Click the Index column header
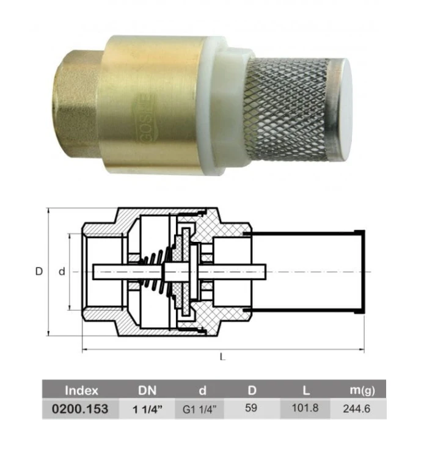[x=81, y=390]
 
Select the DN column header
[x=147, y=390]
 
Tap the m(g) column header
[x=362, y=390]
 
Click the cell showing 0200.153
[x=80, y=409]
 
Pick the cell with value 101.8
[x=305, y=408]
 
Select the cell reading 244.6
[x=357, y=409]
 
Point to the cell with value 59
[x=251, y=408]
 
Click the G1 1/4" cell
[x=200, y=409]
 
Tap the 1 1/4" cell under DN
[x=147, y=409]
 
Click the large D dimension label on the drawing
[x=39, y=271]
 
